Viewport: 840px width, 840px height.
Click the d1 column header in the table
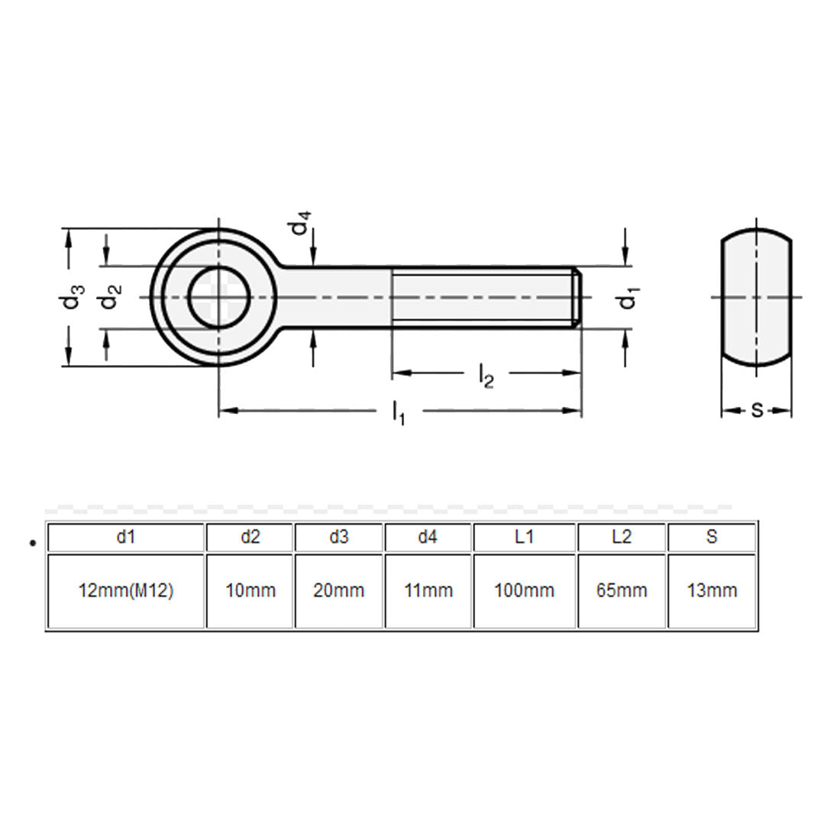126,537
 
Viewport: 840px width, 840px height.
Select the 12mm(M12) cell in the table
126,590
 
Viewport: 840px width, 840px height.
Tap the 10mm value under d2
250,590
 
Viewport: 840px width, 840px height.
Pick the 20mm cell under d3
339,590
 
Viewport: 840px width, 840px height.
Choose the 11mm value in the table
428,590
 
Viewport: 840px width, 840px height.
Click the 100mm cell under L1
524,590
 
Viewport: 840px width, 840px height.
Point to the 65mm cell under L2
622,590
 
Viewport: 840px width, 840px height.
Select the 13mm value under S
712,590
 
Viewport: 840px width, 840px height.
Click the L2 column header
622,537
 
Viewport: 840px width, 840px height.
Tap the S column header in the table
712,537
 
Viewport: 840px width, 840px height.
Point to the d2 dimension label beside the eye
111,298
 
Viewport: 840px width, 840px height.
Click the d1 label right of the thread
629,299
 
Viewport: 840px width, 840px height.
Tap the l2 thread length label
486,375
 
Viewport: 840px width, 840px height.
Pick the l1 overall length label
399,413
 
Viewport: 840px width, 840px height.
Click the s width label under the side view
757,410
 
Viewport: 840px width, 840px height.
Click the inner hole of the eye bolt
220,298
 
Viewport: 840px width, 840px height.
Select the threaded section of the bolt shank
485,298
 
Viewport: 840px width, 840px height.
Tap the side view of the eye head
757,298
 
